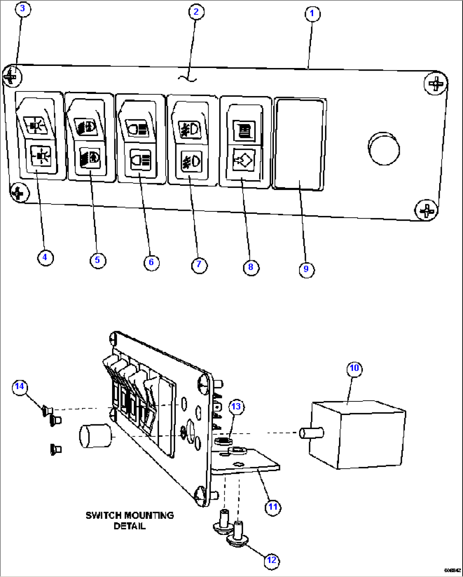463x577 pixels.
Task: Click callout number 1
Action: pos(312,14)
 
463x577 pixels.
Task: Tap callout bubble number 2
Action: pos(196,11)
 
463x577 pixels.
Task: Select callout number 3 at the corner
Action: pos(23,9)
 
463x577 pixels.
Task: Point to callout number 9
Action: pos(306,269)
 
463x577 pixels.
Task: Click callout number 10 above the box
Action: pos(354,368)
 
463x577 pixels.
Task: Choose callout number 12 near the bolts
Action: pos(271,560)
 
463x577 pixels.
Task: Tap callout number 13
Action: pos(236,406)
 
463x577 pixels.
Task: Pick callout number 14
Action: pos(20,387)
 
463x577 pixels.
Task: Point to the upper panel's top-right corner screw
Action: pos(435,83)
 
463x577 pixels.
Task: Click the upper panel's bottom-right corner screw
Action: pos(426,210)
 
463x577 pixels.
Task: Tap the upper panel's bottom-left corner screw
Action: pos(18,193)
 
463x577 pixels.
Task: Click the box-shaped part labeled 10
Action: pos(357,435)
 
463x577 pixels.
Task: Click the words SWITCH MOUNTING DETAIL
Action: pos(130,520)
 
